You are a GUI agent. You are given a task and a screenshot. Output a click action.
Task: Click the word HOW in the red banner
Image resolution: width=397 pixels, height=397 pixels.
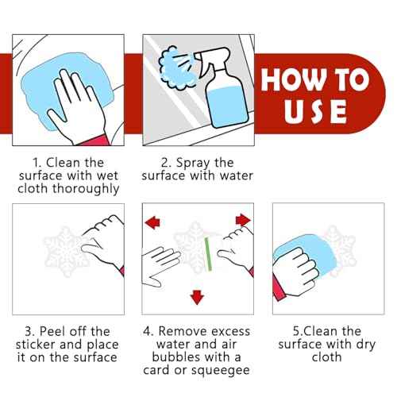tap(293, 79)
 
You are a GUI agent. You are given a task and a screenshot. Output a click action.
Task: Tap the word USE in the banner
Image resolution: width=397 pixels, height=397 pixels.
tap(315, 111)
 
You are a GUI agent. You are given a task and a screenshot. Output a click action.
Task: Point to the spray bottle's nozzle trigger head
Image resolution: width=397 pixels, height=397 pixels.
tap(212, 58)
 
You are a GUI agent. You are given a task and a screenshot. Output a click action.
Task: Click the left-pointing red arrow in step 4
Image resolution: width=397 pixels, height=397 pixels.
tap(152, 222)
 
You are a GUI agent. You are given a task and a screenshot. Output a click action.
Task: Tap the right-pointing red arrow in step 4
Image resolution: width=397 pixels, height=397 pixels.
tap(243, 220)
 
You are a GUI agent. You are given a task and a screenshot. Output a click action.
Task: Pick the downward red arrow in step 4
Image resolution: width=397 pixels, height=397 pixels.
tap(197, 297)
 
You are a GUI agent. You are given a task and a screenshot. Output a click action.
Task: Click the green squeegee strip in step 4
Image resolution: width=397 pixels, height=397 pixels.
tap(208, 254)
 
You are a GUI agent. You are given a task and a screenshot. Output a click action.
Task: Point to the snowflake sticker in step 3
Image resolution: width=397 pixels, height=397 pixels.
tap(66, 252)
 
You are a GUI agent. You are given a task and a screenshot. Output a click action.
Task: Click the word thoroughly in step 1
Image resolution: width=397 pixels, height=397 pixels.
tap(86, 190)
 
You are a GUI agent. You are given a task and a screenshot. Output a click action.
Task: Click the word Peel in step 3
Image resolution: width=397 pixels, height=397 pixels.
tap(53, 331)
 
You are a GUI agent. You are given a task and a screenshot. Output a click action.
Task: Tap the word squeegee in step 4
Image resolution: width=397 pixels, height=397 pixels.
tap(221, 371)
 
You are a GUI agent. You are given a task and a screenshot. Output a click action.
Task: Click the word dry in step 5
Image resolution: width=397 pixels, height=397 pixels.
tap(366, 345)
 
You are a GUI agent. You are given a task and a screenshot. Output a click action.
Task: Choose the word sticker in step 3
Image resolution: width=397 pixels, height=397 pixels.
tap(36, 345)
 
